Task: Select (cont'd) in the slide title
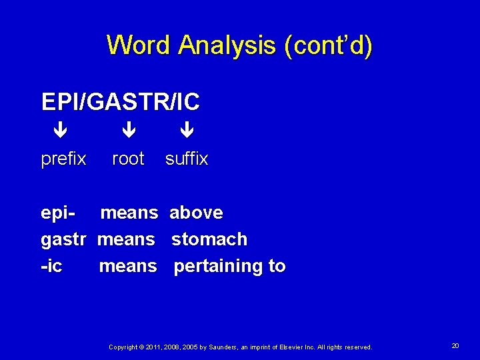pos(328,45)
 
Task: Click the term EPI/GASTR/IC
pos(120,102)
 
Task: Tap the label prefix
pos(63,159)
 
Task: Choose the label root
pos(128,159)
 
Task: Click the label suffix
pos(187,159)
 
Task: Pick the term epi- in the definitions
pos(57,213)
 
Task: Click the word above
pos(196,213)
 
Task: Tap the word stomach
pos(209,239)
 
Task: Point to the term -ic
pos(52,267)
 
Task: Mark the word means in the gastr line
pos(126,239)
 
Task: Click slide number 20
pos(455,346)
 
